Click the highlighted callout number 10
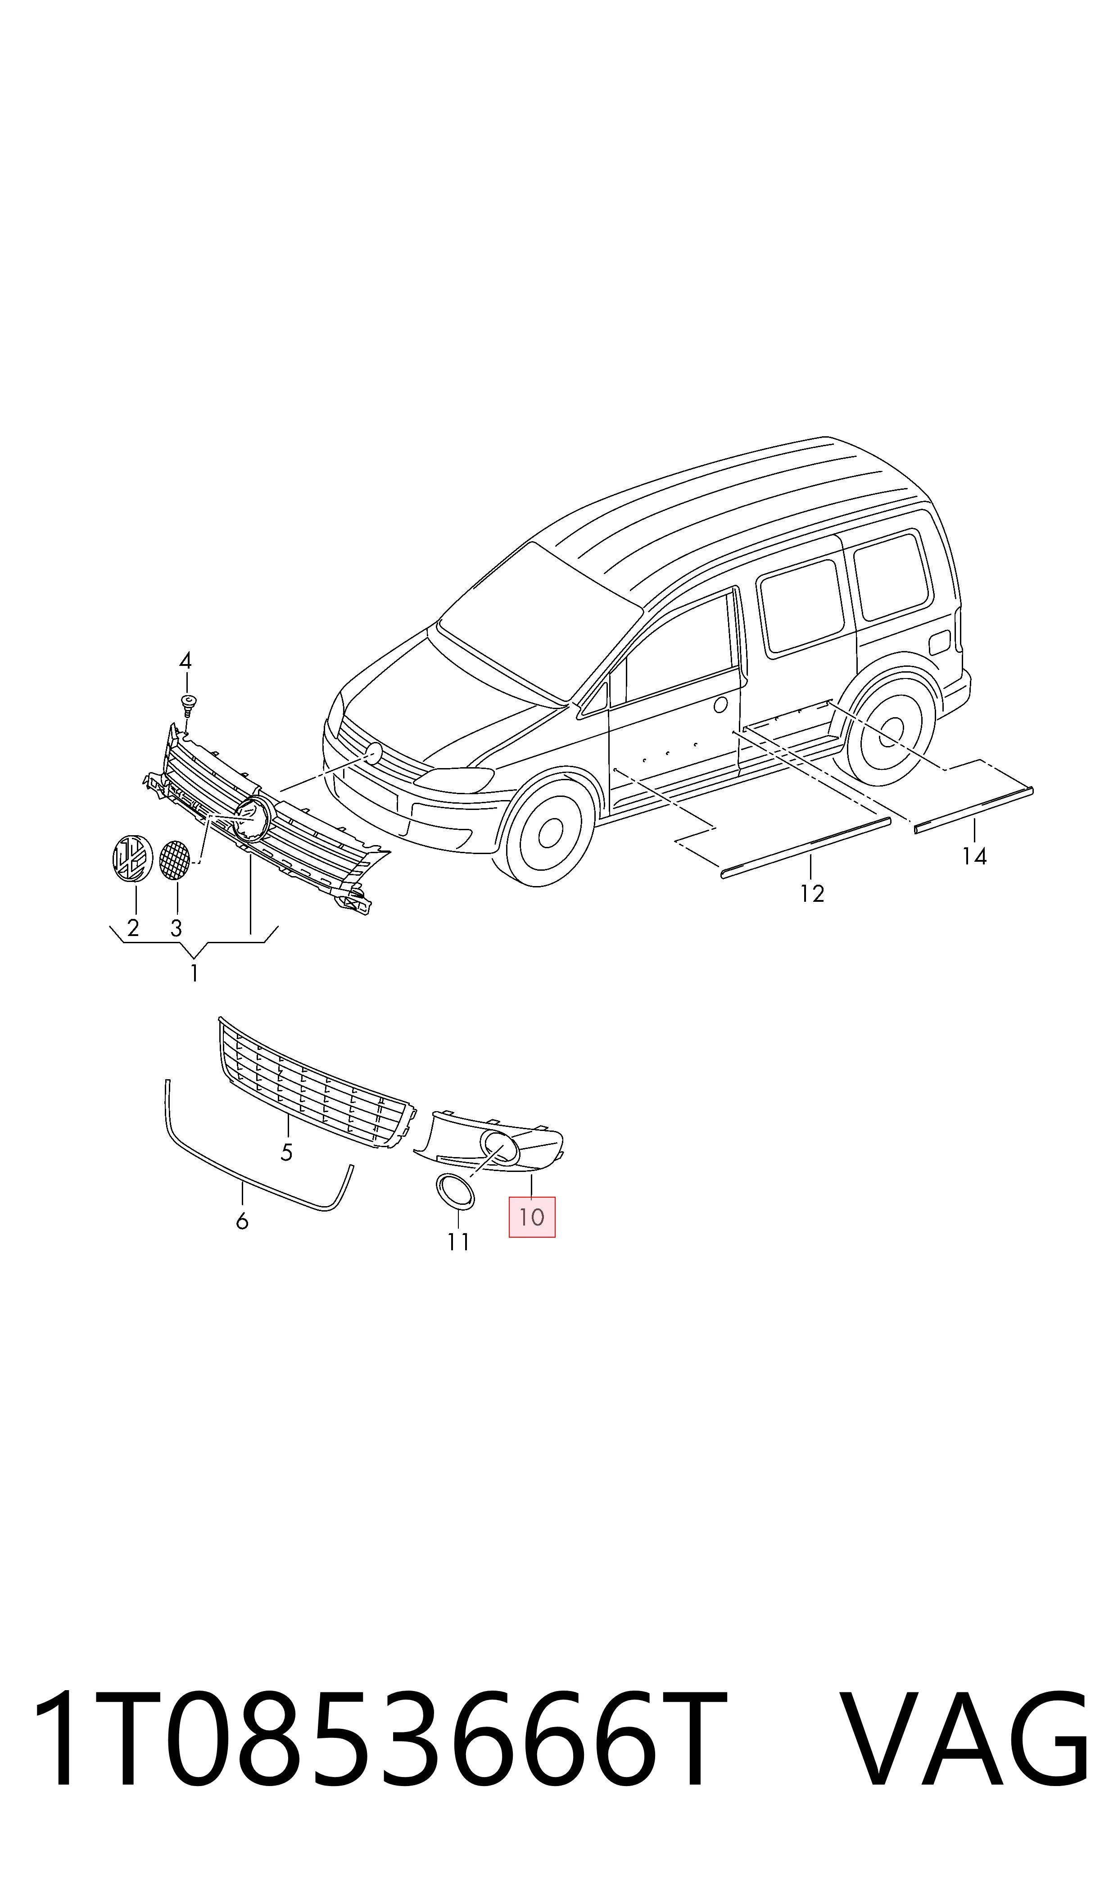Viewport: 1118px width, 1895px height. click(x=532, y=1217)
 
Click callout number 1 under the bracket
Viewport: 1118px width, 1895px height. click(x=195, y=973)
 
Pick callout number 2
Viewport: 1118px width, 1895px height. click(x=133, y=928)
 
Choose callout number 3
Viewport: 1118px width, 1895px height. click(x=177, y=928)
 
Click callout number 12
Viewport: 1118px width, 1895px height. click(x=812, y=893)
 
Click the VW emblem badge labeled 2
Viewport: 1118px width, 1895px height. click(x=132, y=858)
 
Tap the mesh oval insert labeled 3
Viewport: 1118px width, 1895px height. click(x=175, y=859)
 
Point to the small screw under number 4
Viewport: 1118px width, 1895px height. click(x=188, y=705)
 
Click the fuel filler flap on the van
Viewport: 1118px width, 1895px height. click(x=940, y=642)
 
